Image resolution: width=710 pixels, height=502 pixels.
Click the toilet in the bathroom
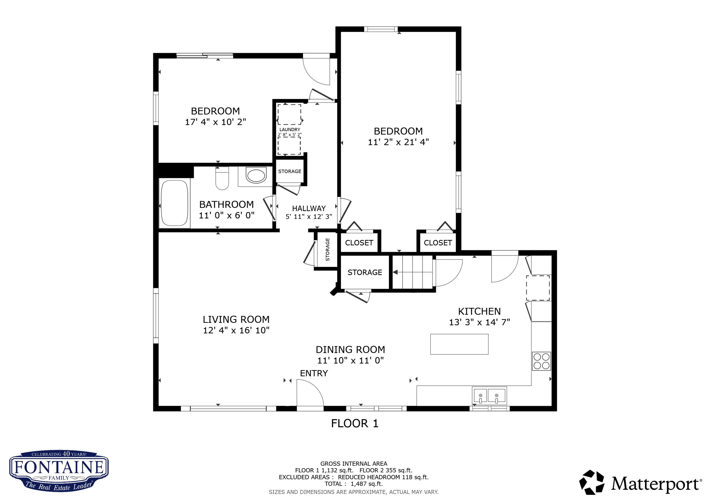[222, 178]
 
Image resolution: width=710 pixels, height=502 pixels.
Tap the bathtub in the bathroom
[175, 203]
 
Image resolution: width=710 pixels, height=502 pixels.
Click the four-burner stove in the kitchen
[541, 361]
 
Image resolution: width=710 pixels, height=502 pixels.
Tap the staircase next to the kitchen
[413, 272]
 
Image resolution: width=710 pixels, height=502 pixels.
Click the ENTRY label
[314, 373]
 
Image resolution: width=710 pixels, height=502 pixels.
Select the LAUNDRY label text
[290, 130]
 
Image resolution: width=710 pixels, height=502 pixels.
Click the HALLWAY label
[309, 209]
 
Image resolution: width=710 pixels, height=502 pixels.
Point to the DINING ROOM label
[350, 350]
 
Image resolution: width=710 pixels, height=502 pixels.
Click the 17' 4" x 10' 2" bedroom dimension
[216, 122]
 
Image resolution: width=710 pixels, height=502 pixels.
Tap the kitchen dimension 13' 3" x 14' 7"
[479, 322]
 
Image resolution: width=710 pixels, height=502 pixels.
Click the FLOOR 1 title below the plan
[355, 423]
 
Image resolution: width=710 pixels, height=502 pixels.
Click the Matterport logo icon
[592, 483]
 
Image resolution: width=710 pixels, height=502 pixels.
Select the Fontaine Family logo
[59, 471]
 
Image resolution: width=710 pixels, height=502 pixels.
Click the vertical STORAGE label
[328, 250]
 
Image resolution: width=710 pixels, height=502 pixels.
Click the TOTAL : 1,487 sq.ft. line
[353, 484]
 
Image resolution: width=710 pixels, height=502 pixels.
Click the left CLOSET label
[359, 243]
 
